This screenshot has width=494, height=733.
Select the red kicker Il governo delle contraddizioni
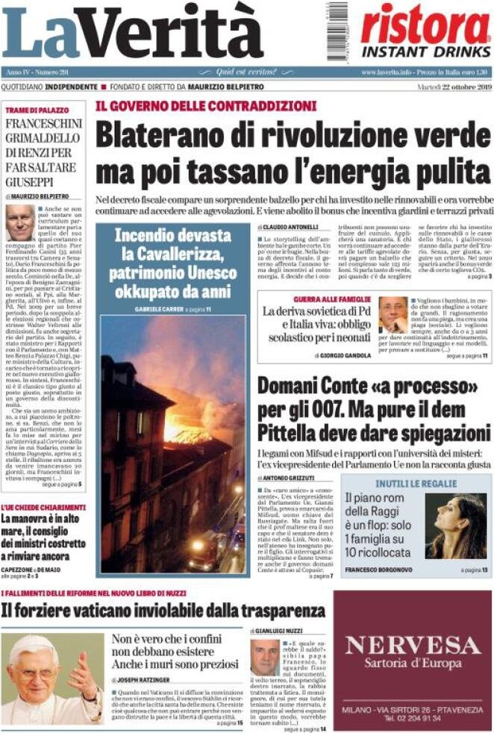(205, 106)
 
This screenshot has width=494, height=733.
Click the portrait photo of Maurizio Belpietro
(20, 222)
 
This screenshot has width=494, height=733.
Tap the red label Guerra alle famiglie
(335, 299)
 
